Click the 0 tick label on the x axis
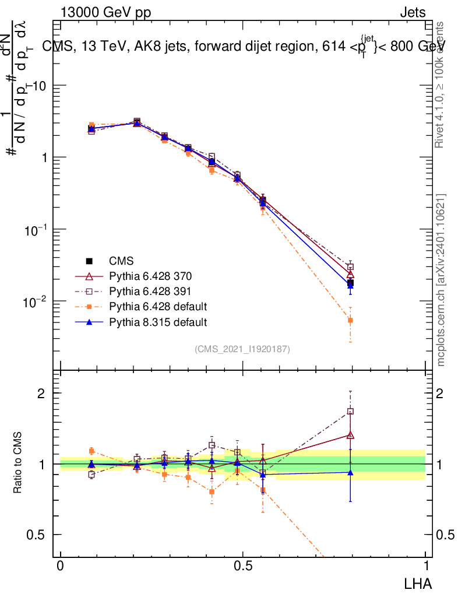(x=60, y=566)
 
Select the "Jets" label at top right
(x=412, y=13)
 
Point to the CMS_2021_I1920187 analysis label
(x=242, y=349)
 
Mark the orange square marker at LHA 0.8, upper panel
(x=350, y=320)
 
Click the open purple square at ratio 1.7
(x=350, y=411)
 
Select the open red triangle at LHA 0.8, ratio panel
(x=350, y=435)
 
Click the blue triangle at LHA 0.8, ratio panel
(x=350, y=472)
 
